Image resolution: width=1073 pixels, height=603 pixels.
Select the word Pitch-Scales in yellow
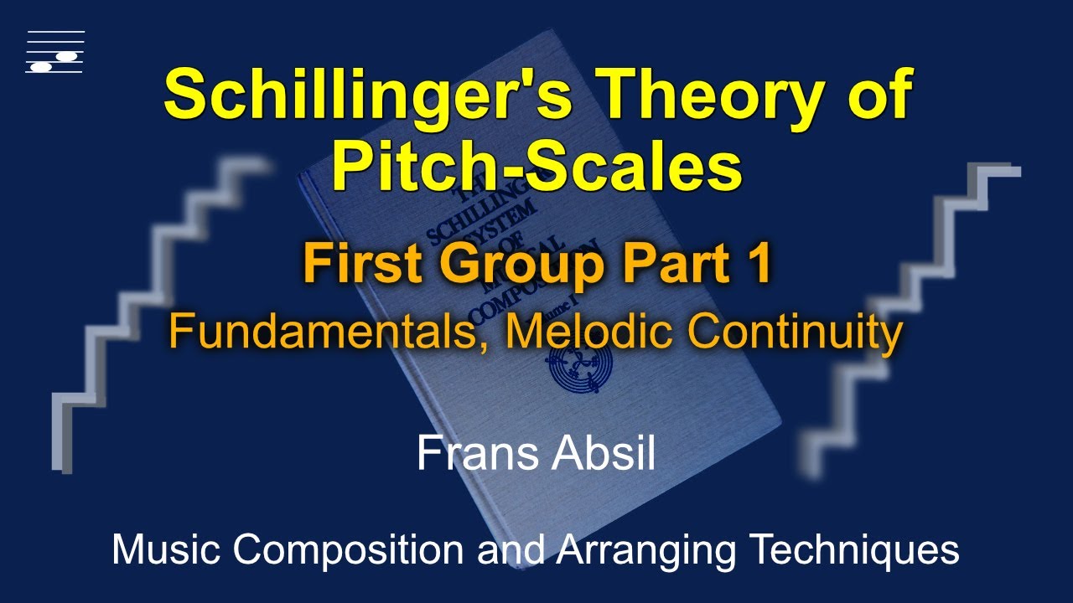pyautogui.click(x=536, y=167)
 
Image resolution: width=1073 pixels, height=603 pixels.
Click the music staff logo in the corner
pyautogui.click(x=55, y=52)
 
